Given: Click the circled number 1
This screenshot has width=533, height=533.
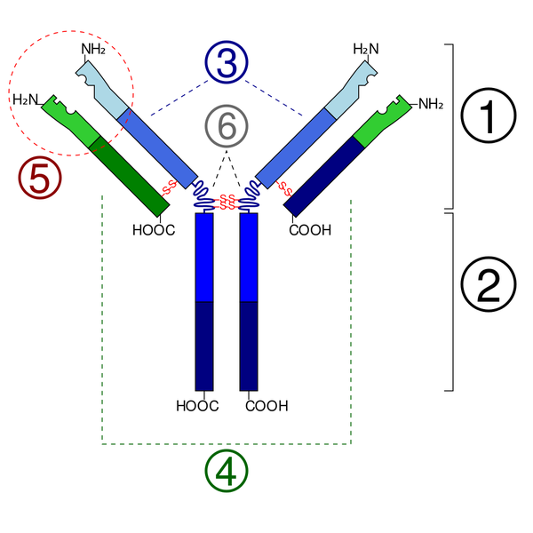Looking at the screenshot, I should pos(487,115).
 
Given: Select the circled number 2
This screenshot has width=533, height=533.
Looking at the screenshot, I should pos(487,284).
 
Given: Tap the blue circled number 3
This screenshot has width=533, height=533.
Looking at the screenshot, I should pos(226,65).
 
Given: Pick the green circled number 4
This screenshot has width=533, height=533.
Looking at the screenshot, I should pos(227,472).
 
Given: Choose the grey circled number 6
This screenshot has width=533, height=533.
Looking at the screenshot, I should pos(227,127).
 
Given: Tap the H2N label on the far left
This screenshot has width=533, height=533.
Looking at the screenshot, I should pos(25,99).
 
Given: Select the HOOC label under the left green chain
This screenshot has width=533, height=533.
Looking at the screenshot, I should pos(153,230).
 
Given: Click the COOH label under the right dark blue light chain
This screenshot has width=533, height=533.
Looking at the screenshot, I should pos(310,230).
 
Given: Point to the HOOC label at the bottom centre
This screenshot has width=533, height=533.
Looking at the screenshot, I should pos(197,408).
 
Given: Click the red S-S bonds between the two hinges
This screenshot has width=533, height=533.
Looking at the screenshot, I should pos(227,201).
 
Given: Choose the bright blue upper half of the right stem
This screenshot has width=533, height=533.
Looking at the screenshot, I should pos(249,258).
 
